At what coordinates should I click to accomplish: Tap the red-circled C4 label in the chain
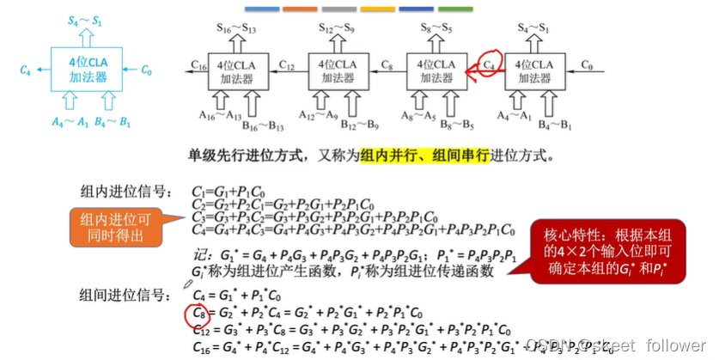coord(489,64)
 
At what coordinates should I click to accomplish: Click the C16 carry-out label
coord(198,65)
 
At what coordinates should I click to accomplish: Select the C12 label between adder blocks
coord(288,65)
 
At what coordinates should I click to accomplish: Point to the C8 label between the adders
coord(387,65)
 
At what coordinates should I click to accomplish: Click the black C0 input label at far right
coord(587,64)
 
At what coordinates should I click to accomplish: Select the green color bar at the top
coord(454,9)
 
